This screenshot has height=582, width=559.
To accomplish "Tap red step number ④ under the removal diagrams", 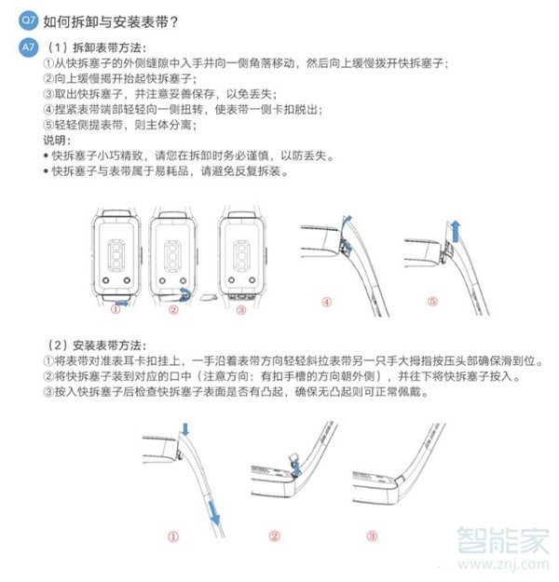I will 327,302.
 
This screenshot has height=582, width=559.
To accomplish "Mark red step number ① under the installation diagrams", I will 173,536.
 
